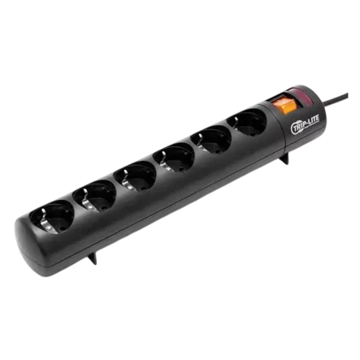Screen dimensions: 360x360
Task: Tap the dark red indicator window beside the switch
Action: tap(300, 96)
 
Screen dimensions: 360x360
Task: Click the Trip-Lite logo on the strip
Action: tap(305, 124)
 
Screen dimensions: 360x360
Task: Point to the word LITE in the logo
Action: tap(311, 121)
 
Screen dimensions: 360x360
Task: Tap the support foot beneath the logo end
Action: tap(284, 158)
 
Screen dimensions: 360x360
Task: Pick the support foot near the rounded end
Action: tap(92, 258)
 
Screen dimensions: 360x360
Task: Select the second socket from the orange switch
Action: tap(210, 139)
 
